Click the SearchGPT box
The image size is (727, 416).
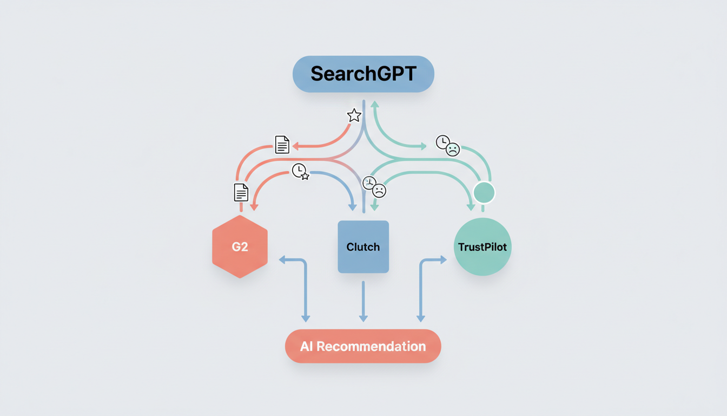click(363, 74)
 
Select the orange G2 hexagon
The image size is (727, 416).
click(240, 247)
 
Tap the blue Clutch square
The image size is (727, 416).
click(363, 247)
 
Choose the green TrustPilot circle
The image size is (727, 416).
click(482, 247)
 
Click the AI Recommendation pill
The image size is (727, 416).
click(363, 346)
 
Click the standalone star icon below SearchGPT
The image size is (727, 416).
click(354, 115)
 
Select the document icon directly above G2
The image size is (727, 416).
click(241, 192)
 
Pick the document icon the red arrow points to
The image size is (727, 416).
click(282, 145)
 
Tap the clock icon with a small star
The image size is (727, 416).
click(300, 171)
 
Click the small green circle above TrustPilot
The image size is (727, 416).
click(484, 192)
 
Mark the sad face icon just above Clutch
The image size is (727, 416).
click(379, 190)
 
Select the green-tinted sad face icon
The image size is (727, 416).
click(452, 149)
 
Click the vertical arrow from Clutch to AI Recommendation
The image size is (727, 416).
click(363, 301)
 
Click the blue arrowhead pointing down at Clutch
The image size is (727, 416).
click(353, 207)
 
